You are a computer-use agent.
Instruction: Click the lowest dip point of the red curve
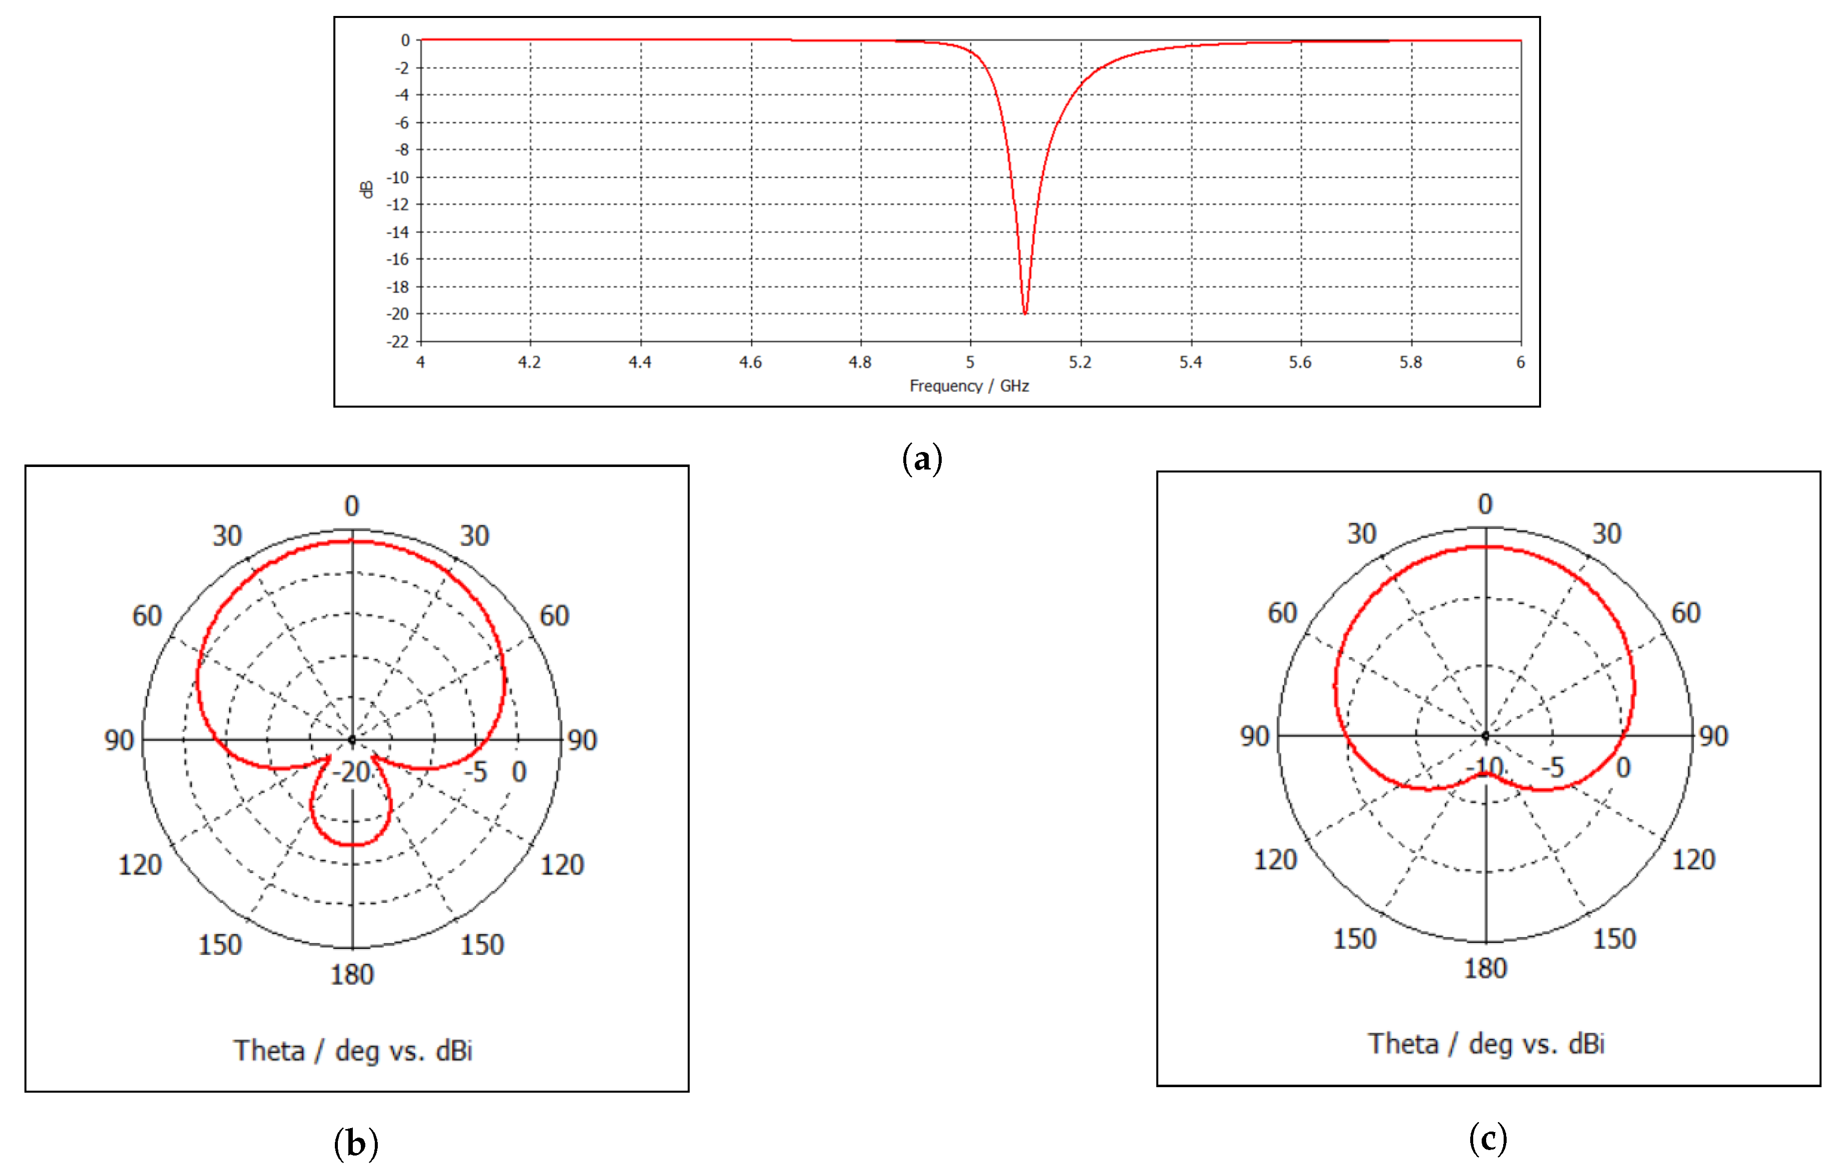tap(1025, 313)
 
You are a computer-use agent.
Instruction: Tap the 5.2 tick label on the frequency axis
tap(1080, 362)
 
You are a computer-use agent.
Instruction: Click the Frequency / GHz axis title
tap(969, 386)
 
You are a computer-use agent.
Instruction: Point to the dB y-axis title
tap(367, 190)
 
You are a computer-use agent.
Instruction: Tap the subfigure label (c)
tap(1488, 1138)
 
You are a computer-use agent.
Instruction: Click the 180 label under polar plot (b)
tap(351, 974)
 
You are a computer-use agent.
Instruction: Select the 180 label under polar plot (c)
tap(1485, 968)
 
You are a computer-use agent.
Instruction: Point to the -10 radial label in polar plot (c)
tap(1485, 767)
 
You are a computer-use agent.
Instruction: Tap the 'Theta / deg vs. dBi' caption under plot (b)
tap(353, 1051)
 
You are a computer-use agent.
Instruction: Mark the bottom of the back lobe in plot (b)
tap(351, 845)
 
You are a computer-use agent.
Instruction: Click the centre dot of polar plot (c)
tap(1486, 735)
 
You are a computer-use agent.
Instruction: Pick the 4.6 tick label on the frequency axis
tap(751, 362)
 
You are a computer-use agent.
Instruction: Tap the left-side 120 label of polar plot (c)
tap(1275, 860)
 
